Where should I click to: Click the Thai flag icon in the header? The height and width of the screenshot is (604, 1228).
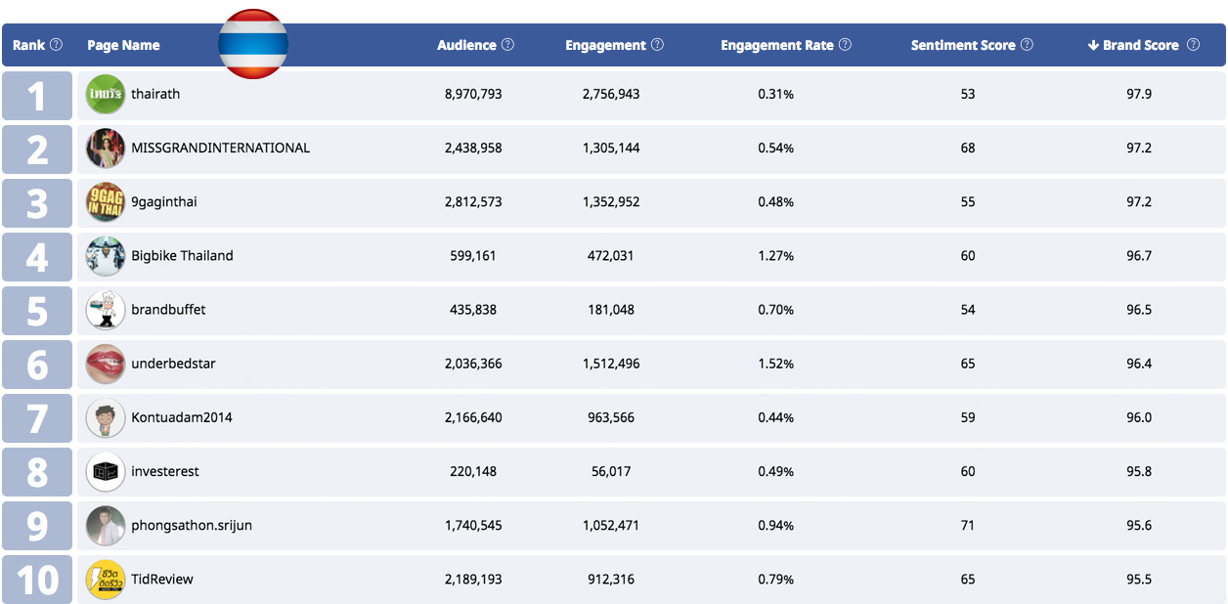pyautogui.click(x=252, y=43)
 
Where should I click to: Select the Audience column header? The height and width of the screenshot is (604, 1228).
pyautogui.click(x=467, y=45)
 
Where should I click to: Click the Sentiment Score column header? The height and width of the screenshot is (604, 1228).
pyautogui.click(x=963, y=45)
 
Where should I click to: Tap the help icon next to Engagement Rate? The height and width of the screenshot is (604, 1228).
pyautogui.click(x=845, y=45)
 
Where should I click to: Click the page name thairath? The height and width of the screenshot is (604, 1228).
pyautogui.click(x=155, y=94)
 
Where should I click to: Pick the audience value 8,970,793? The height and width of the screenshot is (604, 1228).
pyautogui.click(x=473, y=94)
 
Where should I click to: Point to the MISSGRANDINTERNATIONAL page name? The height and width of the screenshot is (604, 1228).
pyautogui.click(x=220, y=148)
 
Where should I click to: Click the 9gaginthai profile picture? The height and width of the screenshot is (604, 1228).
pyautogui.click(x=106, y=201)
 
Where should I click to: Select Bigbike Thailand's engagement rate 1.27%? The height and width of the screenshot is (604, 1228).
pyautogui.click(x=775, y=256)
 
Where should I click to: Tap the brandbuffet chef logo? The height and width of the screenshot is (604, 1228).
pyautogui.click(x=106, y=310)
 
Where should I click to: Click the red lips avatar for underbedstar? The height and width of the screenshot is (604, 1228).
pyautogui.click(x=106, y=364)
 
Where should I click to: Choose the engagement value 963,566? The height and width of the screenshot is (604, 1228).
pyautogui.click(x=610, y=417)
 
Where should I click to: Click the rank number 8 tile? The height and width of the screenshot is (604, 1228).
pyautogui.click(x=37, y=472)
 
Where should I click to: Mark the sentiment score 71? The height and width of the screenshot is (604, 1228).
pyautogui.click(x=968, y=526)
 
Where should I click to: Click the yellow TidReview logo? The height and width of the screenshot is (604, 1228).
pyautogui.click(x=106, y=580)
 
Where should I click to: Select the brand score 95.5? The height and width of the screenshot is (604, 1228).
pyautogui.click(x=1139, y=580)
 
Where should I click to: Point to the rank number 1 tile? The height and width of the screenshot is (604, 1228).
pyautogui.click(x=37, y=96)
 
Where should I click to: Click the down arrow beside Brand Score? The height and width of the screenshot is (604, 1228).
pyautogui.click(x=1093, y=45)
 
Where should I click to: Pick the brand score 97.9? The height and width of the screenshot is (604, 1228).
pyautogui.click(x=1139, y=94)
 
